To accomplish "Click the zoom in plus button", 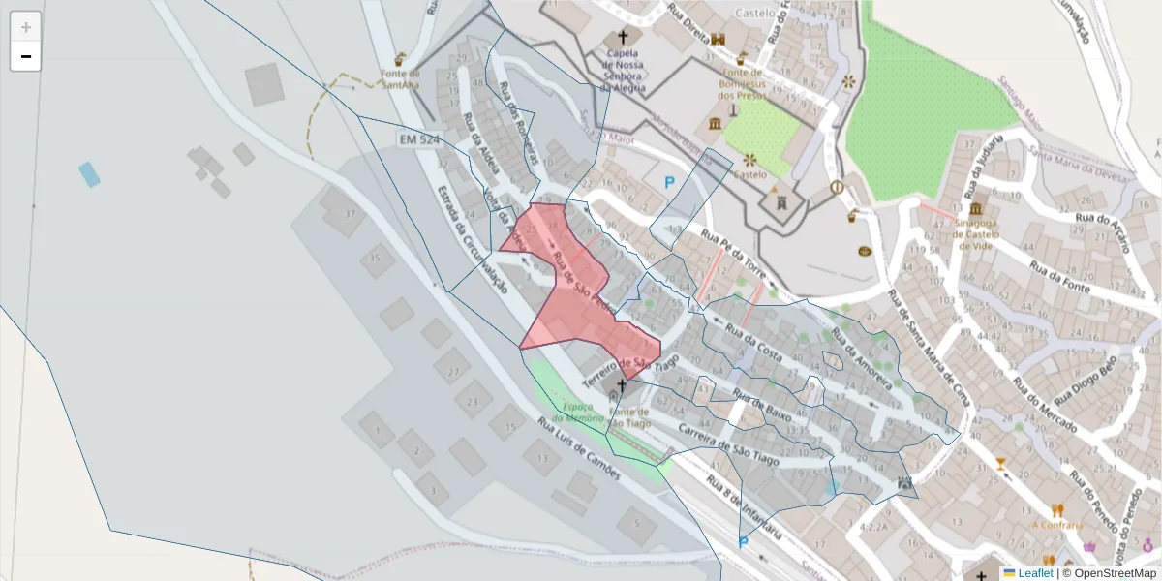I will (x=26, y=27).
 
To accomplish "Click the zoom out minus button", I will (x=26, y=56).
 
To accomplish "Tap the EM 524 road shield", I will (x=418, y=140).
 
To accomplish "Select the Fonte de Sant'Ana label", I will (x=400, y=78).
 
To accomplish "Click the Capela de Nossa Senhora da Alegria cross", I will (x=622, y=38).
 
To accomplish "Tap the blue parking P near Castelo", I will (x=669, y=181).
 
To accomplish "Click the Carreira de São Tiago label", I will (x=728, y=443).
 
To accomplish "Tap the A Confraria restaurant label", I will (x=1057, y=525).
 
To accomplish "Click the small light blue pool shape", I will (x=89, y=174).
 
